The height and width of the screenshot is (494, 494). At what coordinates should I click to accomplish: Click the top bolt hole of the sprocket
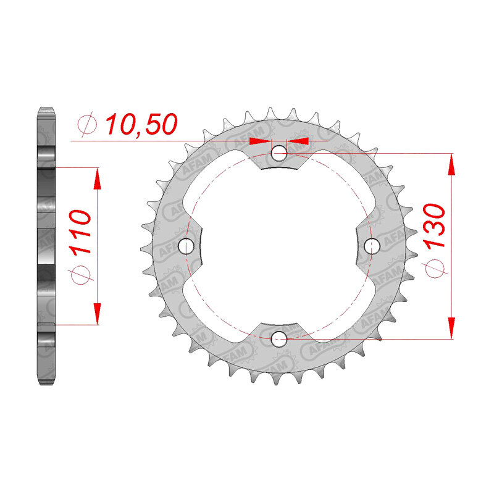[279, 153]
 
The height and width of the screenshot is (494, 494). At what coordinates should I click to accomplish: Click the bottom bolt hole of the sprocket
[279, 339]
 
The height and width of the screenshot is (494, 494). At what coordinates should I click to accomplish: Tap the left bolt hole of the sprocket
[186, 246]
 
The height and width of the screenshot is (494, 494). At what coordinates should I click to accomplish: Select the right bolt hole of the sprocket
[372, 246]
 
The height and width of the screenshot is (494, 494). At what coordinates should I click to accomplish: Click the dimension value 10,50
[141, 124]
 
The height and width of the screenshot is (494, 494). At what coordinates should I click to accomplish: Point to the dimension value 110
[80, 232]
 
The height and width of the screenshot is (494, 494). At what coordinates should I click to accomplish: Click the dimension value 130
[435, 226]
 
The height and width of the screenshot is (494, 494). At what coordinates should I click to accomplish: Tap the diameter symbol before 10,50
[87, 124]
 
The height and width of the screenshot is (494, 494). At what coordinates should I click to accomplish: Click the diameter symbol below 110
[80, 275]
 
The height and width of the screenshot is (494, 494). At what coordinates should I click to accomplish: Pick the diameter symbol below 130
[435, 269]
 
